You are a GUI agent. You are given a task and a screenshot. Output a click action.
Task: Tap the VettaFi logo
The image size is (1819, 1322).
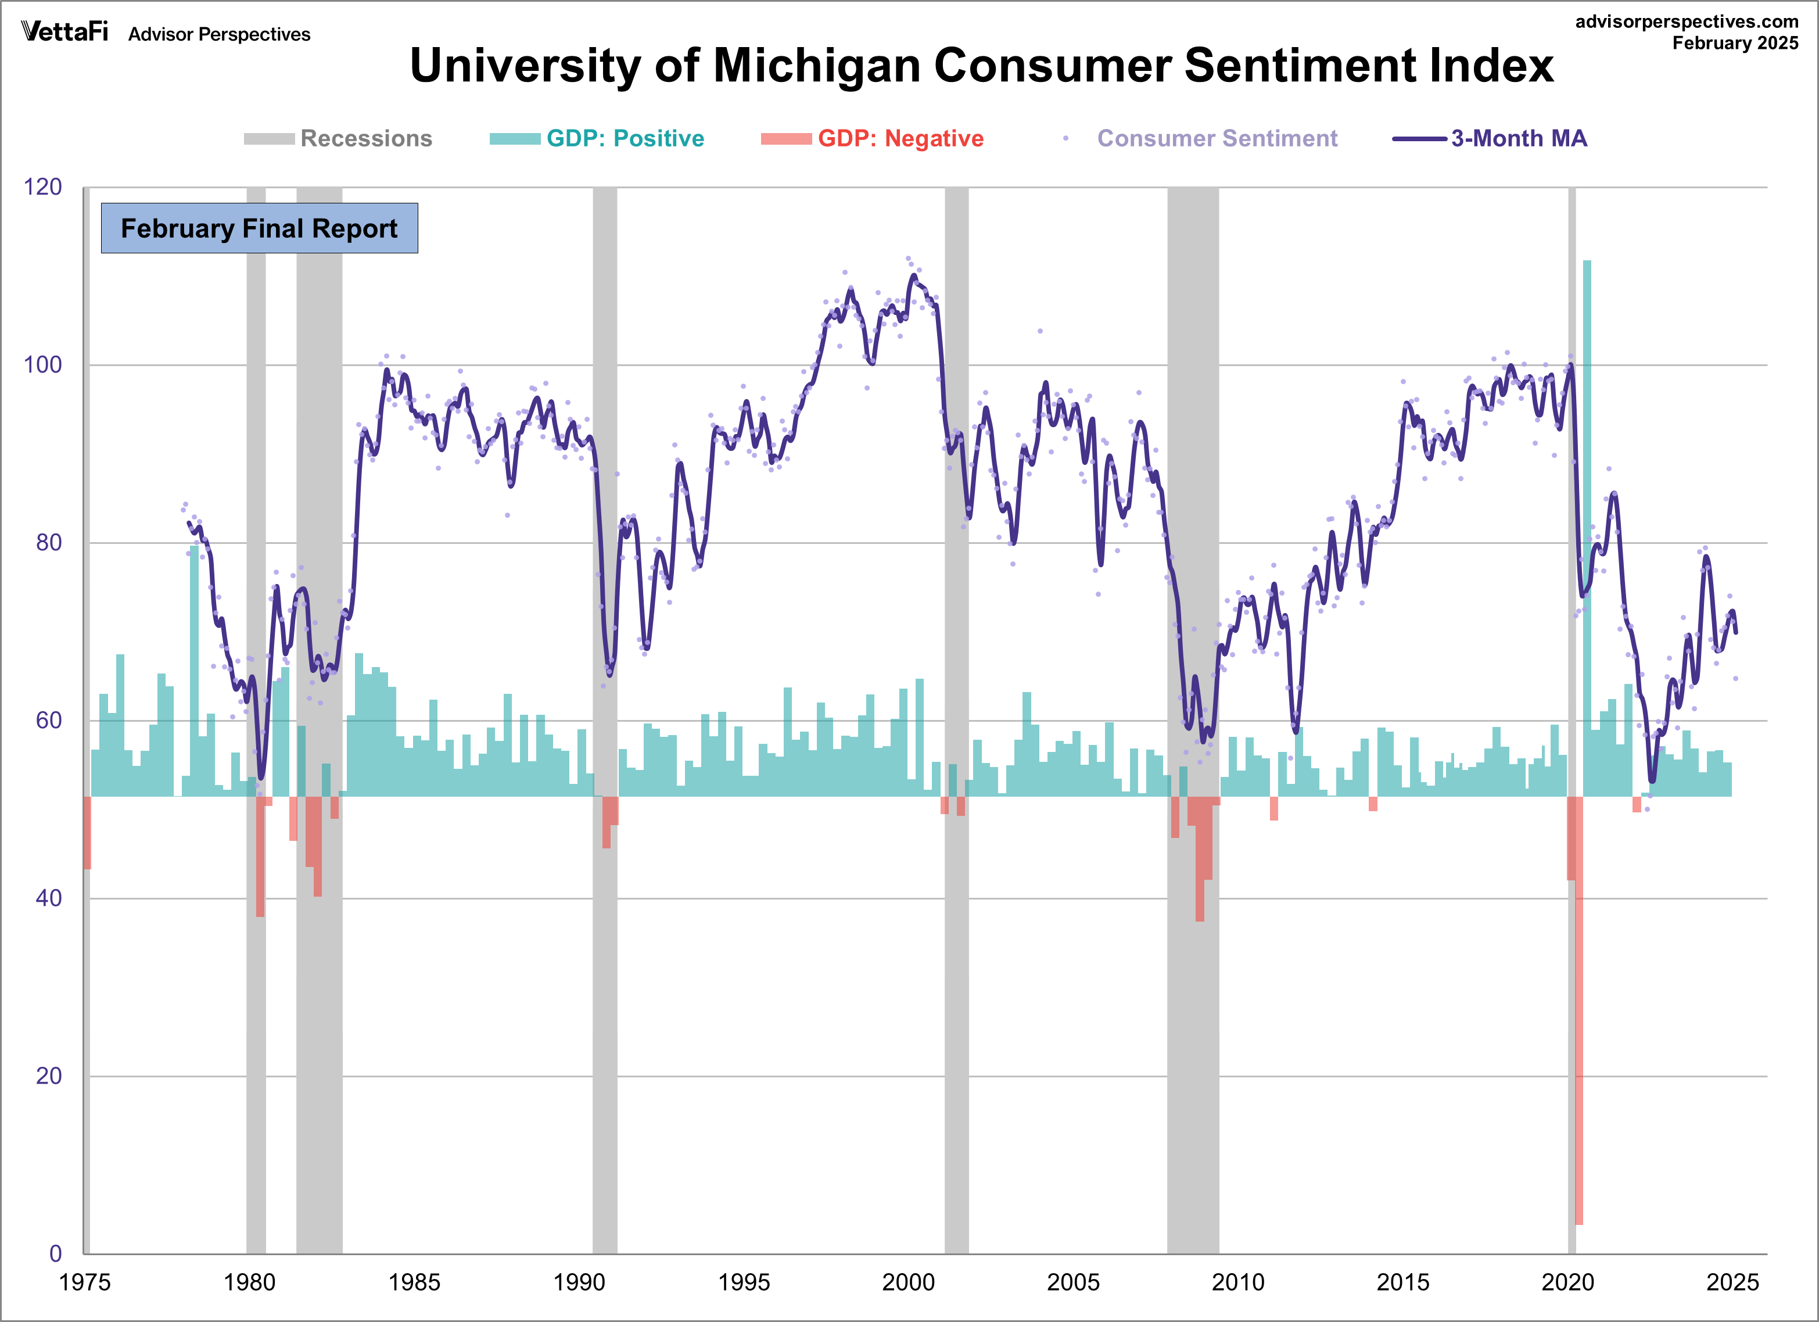pyautogui.click(x=64, y=31)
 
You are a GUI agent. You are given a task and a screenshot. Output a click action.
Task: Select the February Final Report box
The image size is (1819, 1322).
pyautogui.click(x=259, y=228)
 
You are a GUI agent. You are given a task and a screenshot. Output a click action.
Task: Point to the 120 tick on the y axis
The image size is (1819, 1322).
pyautogui.click(x=42, y=187)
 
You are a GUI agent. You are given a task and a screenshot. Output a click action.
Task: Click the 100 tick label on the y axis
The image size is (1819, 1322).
pyautogui.click(x=42, y=365)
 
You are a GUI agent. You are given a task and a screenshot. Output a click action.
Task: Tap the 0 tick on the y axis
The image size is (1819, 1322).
pyautogui.click(x=55, y=1253)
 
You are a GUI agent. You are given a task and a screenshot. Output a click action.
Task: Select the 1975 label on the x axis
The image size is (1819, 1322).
pyautogui.click(x=85, y=1282)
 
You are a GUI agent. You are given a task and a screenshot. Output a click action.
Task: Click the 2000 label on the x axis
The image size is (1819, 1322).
pyautogui.click(x=908, y=1282)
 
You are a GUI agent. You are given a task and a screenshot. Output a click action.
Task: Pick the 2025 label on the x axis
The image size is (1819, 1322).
pyautogui.click(x=1732, y=1282)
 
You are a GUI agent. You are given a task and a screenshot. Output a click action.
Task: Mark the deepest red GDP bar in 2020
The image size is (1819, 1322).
pyautogui.click(x=1578, y=1011)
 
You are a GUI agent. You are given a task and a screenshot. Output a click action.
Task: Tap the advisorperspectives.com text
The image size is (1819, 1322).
pyautogui.click(x=1687, y=22)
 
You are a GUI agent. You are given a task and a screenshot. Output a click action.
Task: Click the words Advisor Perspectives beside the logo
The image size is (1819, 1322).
pyautogui.click(x=219, y=34)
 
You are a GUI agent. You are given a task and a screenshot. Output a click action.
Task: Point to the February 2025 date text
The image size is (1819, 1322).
pyautogui.click(x=1735, y=44)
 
